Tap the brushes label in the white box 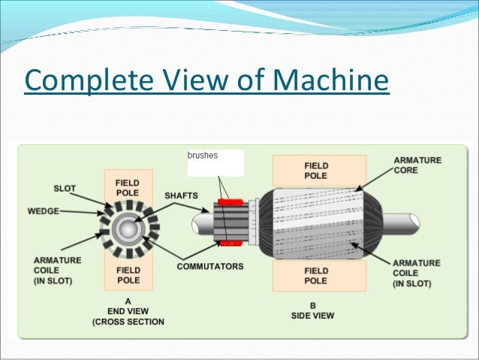202,156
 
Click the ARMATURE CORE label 417,165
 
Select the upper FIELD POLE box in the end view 125,186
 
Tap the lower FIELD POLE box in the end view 125,275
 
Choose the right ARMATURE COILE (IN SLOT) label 417,271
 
